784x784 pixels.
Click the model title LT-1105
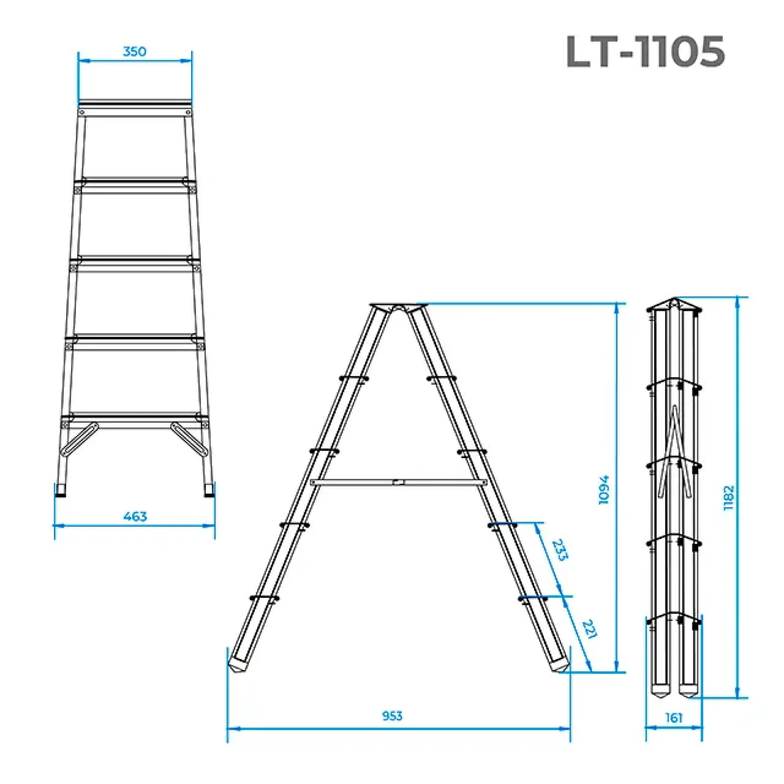click(x=645, y=51)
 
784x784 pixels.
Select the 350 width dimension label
click(x=134, y=51)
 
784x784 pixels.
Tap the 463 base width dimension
click(x=135, y=516)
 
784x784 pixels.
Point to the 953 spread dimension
click(x=392, y=716)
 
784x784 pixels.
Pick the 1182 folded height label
click(x=729, y=498)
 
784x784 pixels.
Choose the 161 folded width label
click(x=674, y=718)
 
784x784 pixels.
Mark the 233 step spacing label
click(x=560, y=550)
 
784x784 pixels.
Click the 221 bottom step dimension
click(x=589, y=629)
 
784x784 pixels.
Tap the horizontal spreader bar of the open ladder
click(x=398, y=483)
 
